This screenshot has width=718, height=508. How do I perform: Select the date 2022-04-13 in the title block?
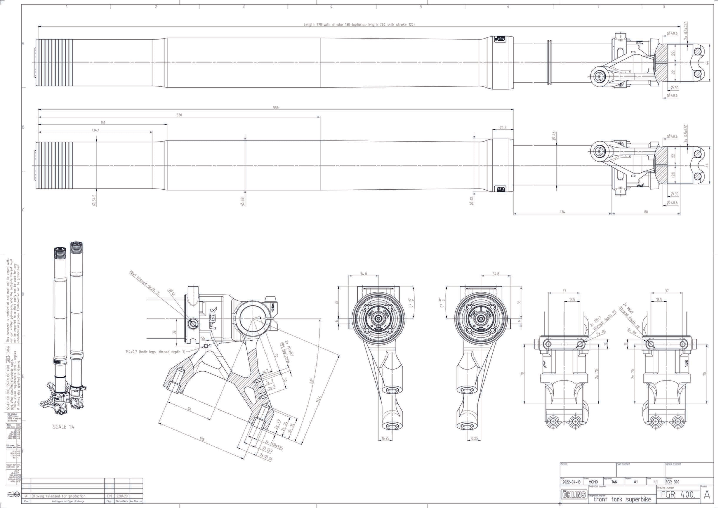(x=571, y=482)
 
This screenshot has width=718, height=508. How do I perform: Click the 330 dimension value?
(x=179, y=115)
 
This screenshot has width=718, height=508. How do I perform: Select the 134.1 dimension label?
(x=95, y=130)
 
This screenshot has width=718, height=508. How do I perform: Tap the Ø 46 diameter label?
(x=554, y=136)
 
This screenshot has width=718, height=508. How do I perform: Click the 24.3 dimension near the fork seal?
(x=503, y=128)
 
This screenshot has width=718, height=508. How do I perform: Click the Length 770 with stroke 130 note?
(x=359, y=24)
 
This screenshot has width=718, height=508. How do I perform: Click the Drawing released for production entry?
(x=58, y=496)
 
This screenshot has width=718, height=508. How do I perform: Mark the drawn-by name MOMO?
(x=593, y=482)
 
